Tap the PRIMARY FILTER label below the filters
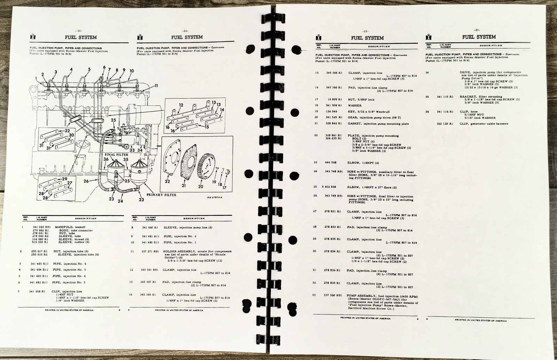coord(161,195)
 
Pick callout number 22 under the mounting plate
coord(167,181)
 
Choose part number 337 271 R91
coord(149,251)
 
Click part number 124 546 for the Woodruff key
coord(331,112)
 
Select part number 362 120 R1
coord(445,124)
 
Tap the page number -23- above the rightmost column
coord(478,30)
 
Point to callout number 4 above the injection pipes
coord(71,69)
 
